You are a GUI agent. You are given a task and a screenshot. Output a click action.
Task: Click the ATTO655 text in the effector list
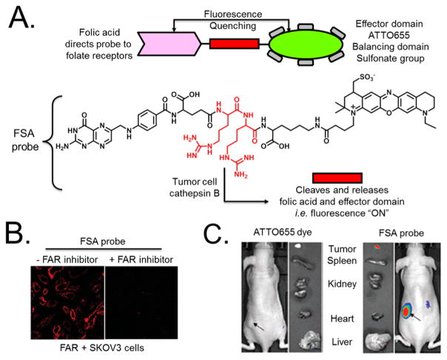[388, 33]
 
